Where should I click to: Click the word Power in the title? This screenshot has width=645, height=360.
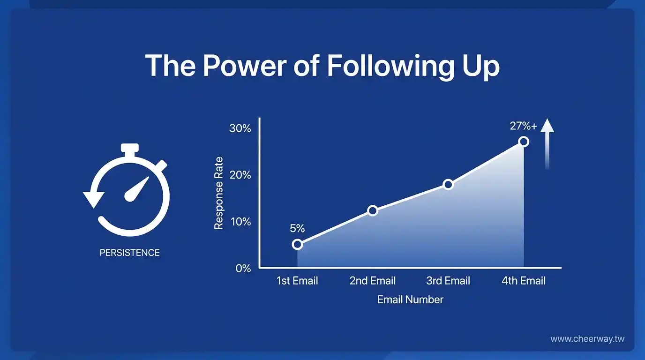245,66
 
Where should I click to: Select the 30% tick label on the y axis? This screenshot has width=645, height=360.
240,128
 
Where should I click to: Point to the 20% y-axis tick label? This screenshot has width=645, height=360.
240,175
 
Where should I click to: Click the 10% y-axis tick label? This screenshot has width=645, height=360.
240,222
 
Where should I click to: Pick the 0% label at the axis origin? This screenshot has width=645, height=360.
243,269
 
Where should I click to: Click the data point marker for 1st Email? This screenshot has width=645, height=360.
297,245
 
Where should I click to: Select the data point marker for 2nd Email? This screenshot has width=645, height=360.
373,211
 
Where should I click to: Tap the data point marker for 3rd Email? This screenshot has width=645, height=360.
448,184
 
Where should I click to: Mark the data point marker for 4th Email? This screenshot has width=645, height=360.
524,142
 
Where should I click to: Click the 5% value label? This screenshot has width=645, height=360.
297,229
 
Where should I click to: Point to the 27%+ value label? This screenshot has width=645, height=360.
523,126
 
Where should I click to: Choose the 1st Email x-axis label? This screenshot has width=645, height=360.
297,281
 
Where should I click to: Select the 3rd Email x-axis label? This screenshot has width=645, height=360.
448,281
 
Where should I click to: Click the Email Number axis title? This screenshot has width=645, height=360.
410,300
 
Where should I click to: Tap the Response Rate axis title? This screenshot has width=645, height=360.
219,193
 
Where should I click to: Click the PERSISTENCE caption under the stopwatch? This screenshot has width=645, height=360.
129,253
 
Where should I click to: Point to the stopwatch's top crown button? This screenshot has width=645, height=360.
129,148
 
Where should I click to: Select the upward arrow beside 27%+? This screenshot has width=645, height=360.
547,144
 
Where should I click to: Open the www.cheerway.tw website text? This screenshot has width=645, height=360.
587,339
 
